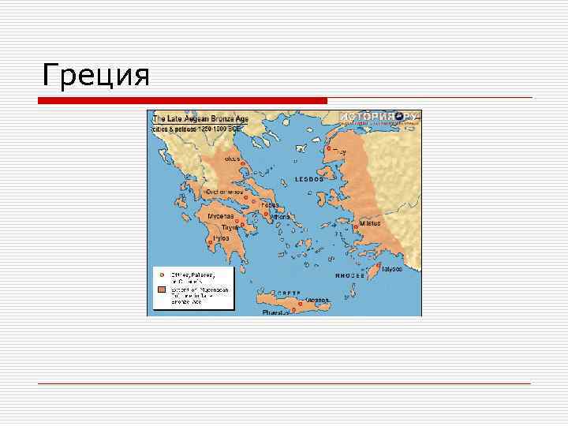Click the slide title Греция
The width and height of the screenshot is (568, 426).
coord(96,76)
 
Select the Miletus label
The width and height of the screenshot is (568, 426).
coord(370,223)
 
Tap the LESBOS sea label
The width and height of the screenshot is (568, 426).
coord(310,179)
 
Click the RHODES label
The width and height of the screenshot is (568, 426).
coord(349,276)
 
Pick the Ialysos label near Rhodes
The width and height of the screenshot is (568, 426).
coord(391,268)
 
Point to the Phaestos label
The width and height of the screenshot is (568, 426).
coord(275,312)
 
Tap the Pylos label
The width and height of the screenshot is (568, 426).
coord(222,237)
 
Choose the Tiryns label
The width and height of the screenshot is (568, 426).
coord(230,227)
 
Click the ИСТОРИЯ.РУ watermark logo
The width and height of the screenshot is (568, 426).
coord(380,118)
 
